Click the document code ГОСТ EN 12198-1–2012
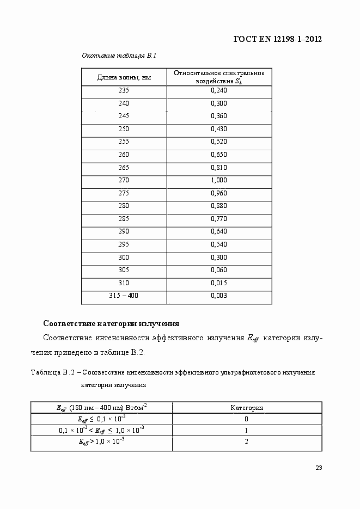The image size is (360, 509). [x=278, y=39]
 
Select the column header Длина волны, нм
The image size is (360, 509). [x=124, y=77]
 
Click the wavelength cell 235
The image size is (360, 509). [x=124, y=90]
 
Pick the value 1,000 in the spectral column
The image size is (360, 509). [x=218, y=180]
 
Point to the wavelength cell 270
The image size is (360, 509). [x=124, y=180]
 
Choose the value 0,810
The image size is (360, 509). [x=218, y=167]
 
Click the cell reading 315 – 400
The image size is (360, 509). [x=124, y=296]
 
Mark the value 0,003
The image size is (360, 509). [x=218, y=296]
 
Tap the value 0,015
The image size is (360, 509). [x=218, y=283]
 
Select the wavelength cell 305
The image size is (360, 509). [x=124, y=270]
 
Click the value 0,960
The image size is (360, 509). [x=218, y=193]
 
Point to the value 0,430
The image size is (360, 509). [x=218, y=128]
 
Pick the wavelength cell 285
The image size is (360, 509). [x=124, y=218]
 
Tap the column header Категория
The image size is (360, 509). [x=247, y=407]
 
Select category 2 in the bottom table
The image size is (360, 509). [x=247, y=441]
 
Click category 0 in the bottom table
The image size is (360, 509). [x=247, y=419]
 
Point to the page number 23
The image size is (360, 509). [x=319, y=468]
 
